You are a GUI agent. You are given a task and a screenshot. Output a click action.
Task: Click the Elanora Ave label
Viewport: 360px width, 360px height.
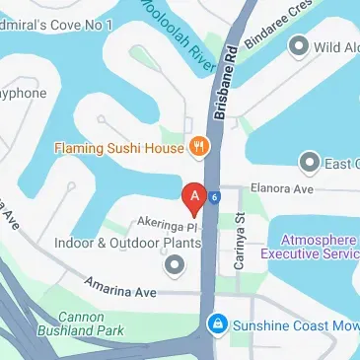click(282, 188)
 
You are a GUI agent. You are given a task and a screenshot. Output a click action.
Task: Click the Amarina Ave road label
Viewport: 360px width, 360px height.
click(121, 293)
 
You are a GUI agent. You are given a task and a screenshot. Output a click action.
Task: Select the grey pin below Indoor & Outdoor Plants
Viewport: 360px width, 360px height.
click(175, 264)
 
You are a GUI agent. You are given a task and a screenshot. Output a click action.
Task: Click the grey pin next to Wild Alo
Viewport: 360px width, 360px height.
click(297, 46)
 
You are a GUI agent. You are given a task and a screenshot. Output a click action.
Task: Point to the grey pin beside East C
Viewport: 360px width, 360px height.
click(310, 162)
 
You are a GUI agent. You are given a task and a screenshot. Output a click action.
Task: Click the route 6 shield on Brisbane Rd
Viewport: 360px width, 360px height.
click(212, 196)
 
